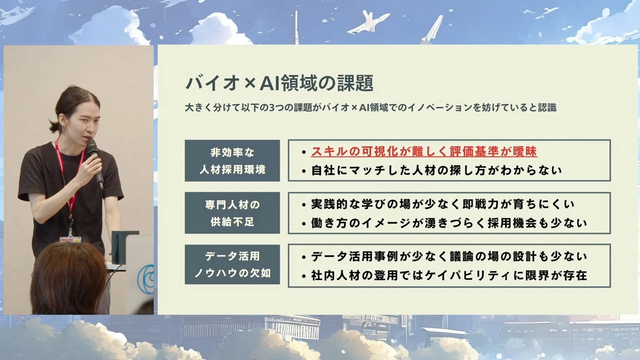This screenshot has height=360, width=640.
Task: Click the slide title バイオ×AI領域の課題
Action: (x=279, y=83)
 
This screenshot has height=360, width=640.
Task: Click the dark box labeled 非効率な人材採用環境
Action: (x=232, y=160)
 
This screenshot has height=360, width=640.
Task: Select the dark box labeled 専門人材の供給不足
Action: (x=232, y=213)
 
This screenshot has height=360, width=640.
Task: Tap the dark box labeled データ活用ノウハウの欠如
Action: (x=232, y=264)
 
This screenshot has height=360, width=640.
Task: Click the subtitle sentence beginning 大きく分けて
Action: (x=370, y=107)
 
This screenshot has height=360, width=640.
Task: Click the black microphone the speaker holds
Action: (x=95, y=163)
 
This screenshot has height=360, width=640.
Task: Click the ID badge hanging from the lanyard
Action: (x=70, y=239)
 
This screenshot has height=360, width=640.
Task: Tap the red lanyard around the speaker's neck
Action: (x=68, y=183)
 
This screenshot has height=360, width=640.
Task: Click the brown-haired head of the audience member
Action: (x=68, y=277)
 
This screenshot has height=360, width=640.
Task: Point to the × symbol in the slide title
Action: (x=249, y=83)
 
